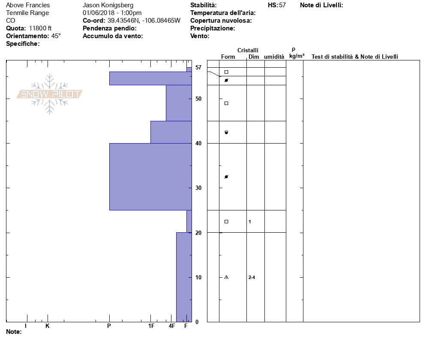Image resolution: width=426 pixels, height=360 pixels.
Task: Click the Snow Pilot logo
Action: [x=49, y=94]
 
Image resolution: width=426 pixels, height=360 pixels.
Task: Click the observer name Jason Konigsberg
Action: [x=108, y=5]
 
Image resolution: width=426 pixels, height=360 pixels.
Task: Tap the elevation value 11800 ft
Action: [x=40, y=28]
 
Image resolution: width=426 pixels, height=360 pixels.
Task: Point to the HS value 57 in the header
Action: [x=282, y=5]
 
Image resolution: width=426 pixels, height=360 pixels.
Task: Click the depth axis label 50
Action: [x=198, y=99]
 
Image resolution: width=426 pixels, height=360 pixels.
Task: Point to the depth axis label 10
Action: [x=198, y=277]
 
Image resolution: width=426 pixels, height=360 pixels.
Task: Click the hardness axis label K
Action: [x=47, y=326]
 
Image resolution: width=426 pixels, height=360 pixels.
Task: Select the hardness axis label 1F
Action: [x=151, y=326]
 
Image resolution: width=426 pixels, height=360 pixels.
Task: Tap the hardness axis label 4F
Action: [x=172, y=326]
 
